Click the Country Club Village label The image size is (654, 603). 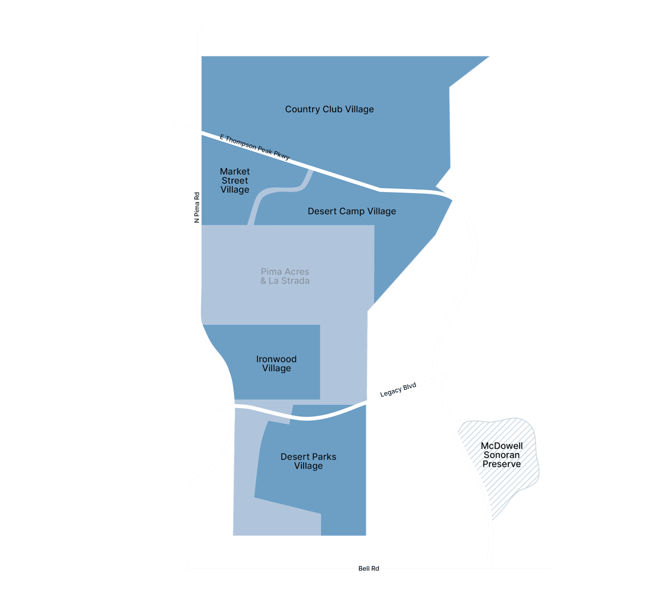[x=329, y=109]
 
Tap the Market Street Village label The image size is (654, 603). [x=235, y=181]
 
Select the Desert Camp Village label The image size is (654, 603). [x=352, y=211]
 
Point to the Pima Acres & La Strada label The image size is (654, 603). [x=285, y=276]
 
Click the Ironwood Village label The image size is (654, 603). [x=276, y=364]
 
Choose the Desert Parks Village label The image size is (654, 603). [x=308, y=461]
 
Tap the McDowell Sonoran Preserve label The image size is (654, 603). [x=502, y=455]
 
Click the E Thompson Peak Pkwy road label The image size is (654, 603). [x=254, y=147]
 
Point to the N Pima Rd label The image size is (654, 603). [x=197, y=207]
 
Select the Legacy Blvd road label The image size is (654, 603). [x=398, y=390]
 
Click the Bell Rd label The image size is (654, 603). [x=368, y=569]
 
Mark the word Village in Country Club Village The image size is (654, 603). [x=360, y=109]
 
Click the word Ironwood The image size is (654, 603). [x=276, y=359]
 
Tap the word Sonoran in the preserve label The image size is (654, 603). [x=502, y=455]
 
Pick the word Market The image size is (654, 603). [x=235, y=171]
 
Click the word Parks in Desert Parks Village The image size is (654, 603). [x=323, y=457]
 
